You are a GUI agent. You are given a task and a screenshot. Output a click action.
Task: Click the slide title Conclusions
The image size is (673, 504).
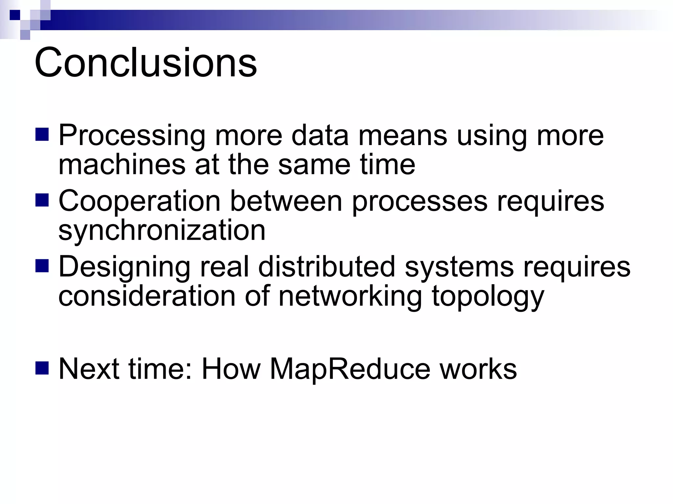tap(146, 62)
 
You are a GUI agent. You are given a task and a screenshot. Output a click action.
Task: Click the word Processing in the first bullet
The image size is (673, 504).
tap(132, 135)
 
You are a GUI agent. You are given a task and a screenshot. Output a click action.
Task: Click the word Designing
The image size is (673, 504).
tap(124, 266)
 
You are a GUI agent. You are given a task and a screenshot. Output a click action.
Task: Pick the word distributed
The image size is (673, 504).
tap(326, 266)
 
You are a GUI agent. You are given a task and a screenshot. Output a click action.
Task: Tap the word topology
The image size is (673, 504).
tap(488, 296)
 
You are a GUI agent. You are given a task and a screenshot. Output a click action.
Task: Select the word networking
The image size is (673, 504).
tap(350, 296)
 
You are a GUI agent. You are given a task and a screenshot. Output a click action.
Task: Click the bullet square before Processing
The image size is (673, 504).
tap(42, 134)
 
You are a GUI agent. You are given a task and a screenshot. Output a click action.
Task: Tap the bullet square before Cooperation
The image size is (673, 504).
tap(42, 200)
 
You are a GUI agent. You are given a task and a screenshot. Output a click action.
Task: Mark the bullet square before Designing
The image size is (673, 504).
tap(42, 266)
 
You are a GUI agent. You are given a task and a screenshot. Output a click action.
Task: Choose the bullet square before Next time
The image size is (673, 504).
tap(42, 368)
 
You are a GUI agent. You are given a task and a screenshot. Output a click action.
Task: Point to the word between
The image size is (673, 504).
tap(286, 201)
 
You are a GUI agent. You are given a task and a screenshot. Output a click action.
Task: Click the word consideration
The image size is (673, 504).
tap(147, 296)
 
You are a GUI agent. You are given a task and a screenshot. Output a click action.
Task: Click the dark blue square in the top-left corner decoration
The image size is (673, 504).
tap(15, 15)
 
